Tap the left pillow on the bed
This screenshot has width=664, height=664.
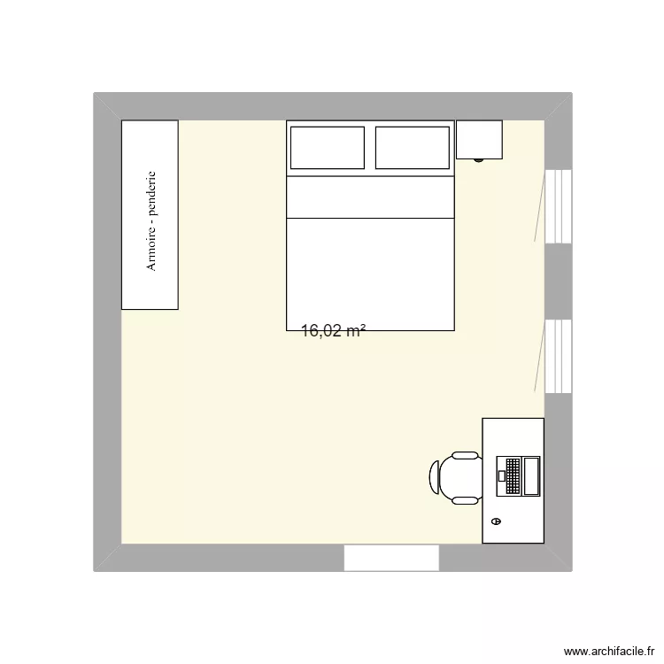click(327, 148)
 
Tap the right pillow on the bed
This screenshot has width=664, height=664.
click(412, 148)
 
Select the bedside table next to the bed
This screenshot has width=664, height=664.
click(479, 139)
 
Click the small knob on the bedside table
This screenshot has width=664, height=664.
click(479, 160)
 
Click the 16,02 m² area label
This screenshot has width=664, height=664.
click(334, 331)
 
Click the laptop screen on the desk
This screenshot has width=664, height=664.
click(531, 475)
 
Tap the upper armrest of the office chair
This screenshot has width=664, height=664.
click(465, 456)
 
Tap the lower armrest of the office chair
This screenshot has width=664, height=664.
click(465, 500)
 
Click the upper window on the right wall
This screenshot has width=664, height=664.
click(558, 205)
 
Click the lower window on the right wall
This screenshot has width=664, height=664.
click(558, 356)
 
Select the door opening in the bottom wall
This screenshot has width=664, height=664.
click(391, 558)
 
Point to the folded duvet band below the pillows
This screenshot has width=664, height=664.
click(370, 197)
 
